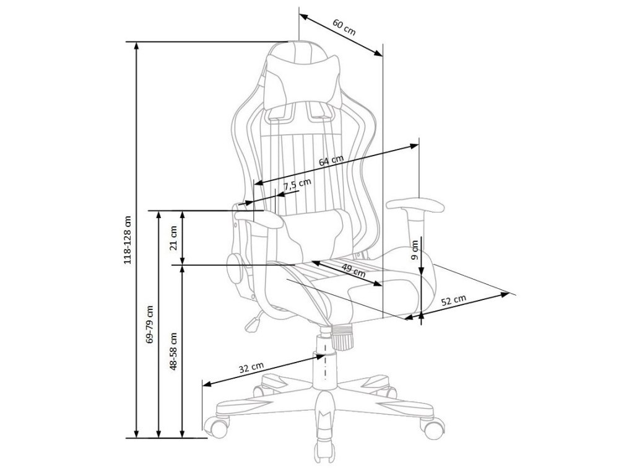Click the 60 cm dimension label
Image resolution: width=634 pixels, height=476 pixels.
point(344,27)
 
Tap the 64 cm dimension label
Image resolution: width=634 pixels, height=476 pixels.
point(331,161)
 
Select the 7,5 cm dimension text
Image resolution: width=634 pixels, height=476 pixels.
point(297,183)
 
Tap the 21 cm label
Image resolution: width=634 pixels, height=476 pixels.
point(174,237)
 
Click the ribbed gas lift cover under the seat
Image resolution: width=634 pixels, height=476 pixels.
point(342,337)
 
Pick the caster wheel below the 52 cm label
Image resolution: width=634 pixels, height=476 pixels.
point(432,426)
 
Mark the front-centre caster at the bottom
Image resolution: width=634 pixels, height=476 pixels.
point(323,447)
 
